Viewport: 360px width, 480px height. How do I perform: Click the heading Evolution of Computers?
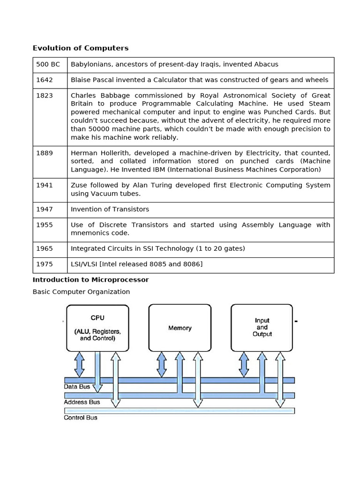80,48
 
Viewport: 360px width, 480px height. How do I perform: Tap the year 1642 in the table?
45,80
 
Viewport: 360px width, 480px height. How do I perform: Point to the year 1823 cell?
45,96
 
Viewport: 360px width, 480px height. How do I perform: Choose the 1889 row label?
45,153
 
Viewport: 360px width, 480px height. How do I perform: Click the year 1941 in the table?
45,185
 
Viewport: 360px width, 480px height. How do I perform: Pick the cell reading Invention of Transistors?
110,210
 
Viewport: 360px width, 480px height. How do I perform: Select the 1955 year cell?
45,225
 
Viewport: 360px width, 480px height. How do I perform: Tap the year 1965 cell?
45,249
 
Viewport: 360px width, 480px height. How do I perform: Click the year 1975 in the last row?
45,264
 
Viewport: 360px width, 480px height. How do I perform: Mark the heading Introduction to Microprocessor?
90,280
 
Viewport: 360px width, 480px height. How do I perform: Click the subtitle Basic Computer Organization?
81,292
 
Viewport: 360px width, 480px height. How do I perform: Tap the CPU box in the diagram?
97,328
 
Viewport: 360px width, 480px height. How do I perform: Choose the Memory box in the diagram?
180,328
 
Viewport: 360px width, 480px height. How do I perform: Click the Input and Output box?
262,328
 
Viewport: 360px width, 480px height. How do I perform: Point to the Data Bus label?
77,387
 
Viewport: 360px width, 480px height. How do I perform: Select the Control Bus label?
81,418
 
